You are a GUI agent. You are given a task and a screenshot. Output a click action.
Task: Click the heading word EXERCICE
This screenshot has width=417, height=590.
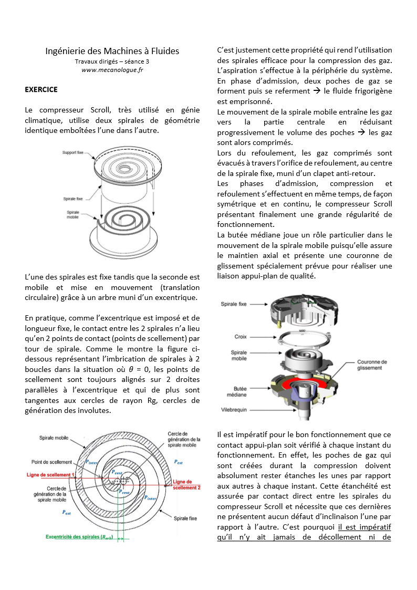41,89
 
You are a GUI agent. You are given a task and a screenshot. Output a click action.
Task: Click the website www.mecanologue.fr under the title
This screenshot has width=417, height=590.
112,70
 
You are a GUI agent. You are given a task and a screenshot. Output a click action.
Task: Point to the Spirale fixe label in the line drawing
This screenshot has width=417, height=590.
74,200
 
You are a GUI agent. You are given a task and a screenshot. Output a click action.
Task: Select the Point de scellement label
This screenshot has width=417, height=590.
51,462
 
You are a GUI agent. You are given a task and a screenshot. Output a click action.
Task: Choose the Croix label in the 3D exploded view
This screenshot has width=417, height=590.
241,337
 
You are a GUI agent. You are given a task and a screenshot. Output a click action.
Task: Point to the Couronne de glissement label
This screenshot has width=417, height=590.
372,365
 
